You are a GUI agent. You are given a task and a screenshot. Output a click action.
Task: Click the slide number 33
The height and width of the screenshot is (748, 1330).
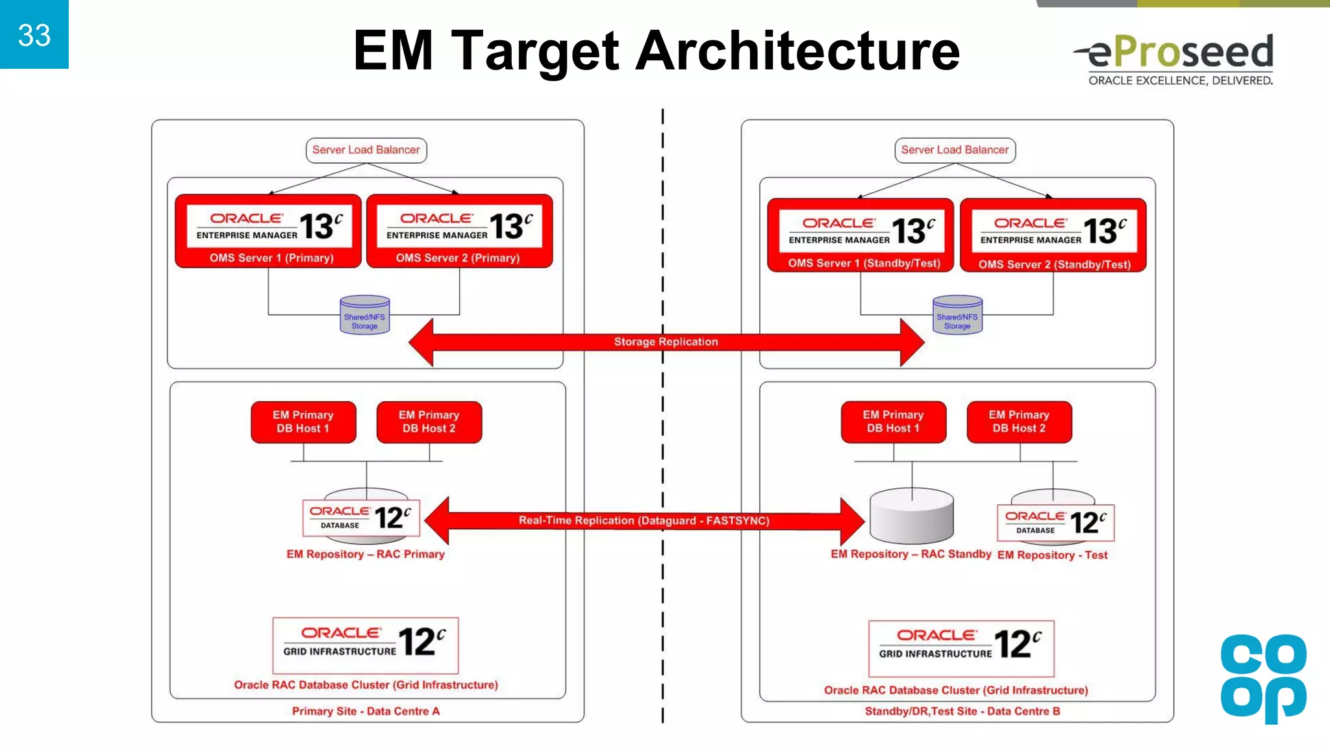34,35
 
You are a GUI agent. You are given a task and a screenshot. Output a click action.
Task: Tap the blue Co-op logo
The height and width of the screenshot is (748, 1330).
1263,678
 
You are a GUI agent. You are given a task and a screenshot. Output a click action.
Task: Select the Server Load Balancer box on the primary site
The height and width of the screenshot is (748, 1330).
366,150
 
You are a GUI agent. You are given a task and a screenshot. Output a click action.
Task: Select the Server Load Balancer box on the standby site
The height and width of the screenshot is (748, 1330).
955,150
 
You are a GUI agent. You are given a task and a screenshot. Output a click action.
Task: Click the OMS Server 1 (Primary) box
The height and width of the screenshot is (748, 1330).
268,231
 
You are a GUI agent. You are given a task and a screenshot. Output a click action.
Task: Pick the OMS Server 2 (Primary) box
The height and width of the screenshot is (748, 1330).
459,231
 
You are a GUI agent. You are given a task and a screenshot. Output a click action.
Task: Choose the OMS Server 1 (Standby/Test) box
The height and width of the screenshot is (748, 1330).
860,235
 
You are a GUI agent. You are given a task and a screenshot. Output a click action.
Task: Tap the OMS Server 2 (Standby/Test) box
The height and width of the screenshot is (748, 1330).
1053,235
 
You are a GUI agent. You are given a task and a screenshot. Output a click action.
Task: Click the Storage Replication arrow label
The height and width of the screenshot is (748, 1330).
666,342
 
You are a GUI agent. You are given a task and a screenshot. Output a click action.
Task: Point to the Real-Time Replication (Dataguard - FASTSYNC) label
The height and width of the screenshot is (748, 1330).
644,520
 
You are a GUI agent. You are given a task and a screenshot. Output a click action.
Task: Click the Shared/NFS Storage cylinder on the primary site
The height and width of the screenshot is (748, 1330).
365,316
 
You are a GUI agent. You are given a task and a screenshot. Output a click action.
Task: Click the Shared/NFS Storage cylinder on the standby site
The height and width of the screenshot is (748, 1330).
957,316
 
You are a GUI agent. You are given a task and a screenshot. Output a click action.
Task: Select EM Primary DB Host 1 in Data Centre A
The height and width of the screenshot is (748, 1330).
303,422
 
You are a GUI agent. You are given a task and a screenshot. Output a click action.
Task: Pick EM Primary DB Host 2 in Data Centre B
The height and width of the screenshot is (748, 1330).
1019,422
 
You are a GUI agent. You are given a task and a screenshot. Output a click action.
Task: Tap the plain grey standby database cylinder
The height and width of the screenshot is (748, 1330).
911,517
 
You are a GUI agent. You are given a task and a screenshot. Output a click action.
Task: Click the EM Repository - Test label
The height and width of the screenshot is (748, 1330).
1052,555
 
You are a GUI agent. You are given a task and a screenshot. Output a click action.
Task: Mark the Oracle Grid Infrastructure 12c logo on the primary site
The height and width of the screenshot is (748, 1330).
365,645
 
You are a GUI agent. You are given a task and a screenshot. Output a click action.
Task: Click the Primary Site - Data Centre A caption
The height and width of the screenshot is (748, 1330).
366,711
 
